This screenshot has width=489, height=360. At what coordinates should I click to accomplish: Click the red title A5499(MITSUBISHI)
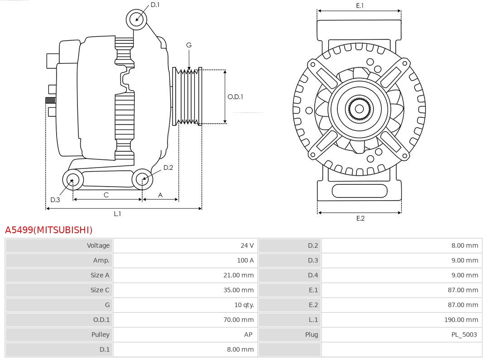pyautogui.click(x=48, y=230)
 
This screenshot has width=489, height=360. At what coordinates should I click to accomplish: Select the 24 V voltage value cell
pyautogui.click(x=247, y=245)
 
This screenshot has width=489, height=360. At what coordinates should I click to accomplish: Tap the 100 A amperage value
pyautogui.click(x=245, y=260)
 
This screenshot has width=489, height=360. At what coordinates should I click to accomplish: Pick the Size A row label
pyautogui.click(x=100, y=275)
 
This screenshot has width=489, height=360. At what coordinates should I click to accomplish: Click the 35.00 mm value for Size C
pyautogui.click(x=238, y=290)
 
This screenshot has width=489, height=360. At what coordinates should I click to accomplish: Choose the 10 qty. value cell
pyautogui.click(x=244, y=305)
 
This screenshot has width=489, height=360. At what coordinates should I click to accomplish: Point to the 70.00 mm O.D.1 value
pyautogui.click(x=238, y=320)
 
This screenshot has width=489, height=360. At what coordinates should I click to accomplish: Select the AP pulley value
pyautogui.click(x=248, y=335)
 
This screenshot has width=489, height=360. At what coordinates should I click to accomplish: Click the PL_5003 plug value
pyautogui.click(x=464, y=335)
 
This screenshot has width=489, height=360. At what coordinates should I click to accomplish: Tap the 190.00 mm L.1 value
pyautogui.click(x=461, y=320)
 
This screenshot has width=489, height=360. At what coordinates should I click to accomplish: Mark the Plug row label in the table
pyautogui.click(x=311, y=335)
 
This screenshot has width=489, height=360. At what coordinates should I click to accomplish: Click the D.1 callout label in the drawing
pyautogui.click(x=155, y=5)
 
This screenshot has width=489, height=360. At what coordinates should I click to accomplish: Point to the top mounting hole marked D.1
pyautogui.click(x=136, y=19)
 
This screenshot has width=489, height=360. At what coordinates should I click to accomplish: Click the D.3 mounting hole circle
pyautogui.click(x=72, y=180)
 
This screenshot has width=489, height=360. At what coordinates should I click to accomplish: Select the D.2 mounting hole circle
pyautogui.click(x=142, y=179)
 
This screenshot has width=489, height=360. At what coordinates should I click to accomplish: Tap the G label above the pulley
pyautogui.click(x=189, y=45)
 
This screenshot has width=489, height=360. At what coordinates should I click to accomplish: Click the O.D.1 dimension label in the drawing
pyautogui.click(x=235, y=96)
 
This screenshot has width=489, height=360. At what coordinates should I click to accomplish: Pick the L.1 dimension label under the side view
pyautogui.click(x=117, y=214)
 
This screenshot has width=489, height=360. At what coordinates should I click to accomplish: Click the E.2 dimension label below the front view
pyautogui.click(x=360, y=218)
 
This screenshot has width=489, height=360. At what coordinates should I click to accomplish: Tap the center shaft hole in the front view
pyautogui.click(x=359, y=109)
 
